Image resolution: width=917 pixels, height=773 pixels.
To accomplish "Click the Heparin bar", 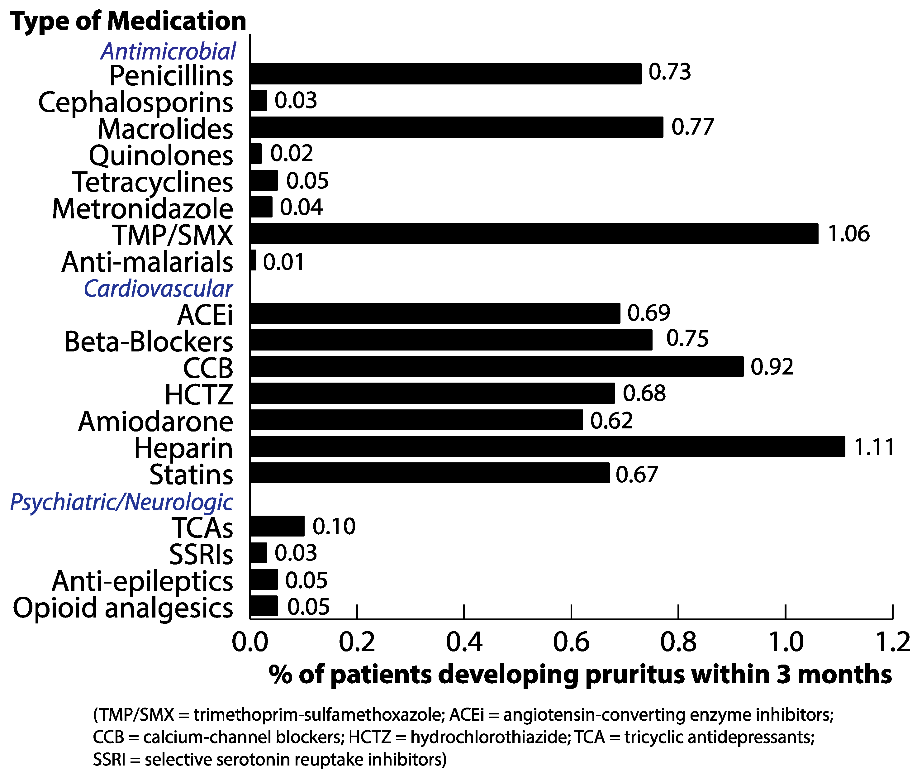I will [x=548, y=446].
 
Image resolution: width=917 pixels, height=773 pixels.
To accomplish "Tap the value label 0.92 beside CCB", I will [x=772, y=367].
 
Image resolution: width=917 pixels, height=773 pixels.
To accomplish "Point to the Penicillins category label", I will [x=171, y=76].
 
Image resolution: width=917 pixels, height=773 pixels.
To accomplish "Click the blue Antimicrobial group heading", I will [x=169, y=51].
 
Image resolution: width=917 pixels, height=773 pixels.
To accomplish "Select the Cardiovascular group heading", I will [x=158, y=289].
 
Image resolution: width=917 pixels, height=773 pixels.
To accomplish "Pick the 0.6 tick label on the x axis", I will [x=571, y=642].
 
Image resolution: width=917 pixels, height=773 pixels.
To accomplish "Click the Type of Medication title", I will [x=128, y=21].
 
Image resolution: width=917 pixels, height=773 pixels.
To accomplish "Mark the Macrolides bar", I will [x=457, y=127].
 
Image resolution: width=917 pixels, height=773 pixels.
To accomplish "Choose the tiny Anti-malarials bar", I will [x=253, y=260].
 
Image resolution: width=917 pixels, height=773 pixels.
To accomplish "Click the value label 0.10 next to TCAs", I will [x=334, y=526].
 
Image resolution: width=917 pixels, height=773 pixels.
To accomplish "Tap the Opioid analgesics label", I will [x=123, y=608].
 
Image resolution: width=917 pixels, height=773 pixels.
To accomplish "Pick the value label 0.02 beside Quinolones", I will [x=291, y=153].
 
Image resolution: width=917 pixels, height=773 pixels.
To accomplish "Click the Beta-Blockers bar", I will [x=451, y=340].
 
